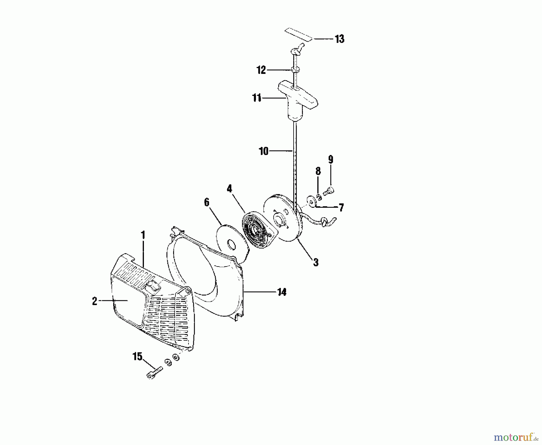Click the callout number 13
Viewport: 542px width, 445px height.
pyautogui.click(x=339, y=39)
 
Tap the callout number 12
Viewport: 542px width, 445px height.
pyautogui.click(x=261, y=70)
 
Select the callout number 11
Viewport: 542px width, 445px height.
pyautogui.click(x=257, y=98)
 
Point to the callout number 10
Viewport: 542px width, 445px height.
pyautogui.click(x=263, y=151)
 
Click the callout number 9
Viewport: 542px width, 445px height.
pyautogui.click(x=331, y=159)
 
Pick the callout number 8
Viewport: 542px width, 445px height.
pyautogui.click(x=318, y=171)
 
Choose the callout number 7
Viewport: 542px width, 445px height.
pyautogui.click(x=341, y=208)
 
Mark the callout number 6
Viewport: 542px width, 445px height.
pyautogui.click(x=207, y=202)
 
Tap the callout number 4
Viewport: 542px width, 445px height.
pyautogui.click(x=229, y=189)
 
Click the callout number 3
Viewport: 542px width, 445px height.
pyautogui.click(x=316, y=262)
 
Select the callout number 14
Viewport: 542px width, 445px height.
pyautogui.click(x=282, y=292)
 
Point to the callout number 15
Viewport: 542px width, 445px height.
pyautogui.click(x=137, y=357)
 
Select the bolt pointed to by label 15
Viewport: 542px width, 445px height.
pyautogui.click(x=154, y=372)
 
